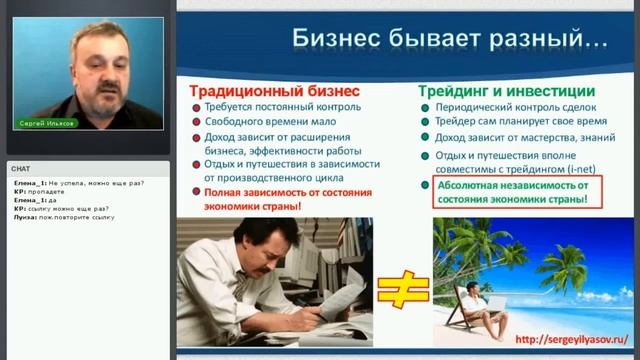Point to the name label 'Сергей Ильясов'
tap(46, 124)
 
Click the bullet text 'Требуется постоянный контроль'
tap(282, 106)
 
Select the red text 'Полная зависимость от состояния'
tap(287, 192)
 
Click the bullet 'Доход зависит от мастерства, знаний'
tap(525, 138)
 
